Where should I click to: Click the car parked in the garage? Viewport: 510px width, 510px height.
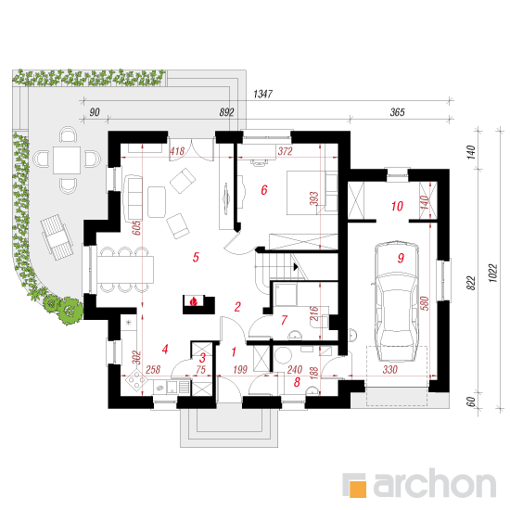(x=396, y=301)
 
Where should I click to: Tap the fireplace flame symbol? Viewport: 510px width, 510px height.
(x=194, y=301)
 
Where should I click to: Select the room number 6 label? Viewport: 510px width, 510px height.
(x=264, y=189)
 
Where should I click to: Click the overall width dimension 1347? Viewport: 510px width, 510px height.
(x=262, y=94)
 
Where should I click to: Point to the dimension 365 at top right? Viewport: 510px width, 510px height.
(x=397, y=112)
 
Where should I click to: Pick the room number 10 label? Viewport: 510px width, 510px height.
(x=397, y=206)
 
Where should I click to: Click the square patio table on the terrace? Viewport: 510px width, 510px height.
(x=67, y=160)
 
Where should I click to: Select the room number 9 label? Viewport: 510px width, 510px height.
(x=401, y=258)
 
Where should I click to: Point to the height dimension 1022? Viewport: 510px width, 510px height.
(x=493, y=273)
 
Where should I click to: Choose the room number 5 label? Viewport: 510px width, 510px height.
(x=196, y=257)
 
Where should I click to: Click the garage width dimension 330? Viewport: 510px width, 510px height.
(x=389, y=369)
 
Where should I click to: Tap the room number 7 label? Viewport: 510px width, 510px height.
(x=284, y=320)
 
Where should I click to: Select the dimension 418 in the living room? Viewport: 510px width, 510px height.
(x=177, y=151)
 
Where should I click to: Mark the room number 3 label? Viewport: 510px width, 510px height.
(x=202, y=358)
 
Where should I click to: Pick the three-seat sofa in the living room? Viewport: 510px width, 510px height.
(x=133, y=198)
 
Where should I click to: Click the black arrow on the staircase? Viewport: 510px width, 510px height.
(x=296, y=267)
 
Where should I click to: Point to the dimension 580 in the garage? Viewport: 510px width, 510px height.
(x=425, y=303)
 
